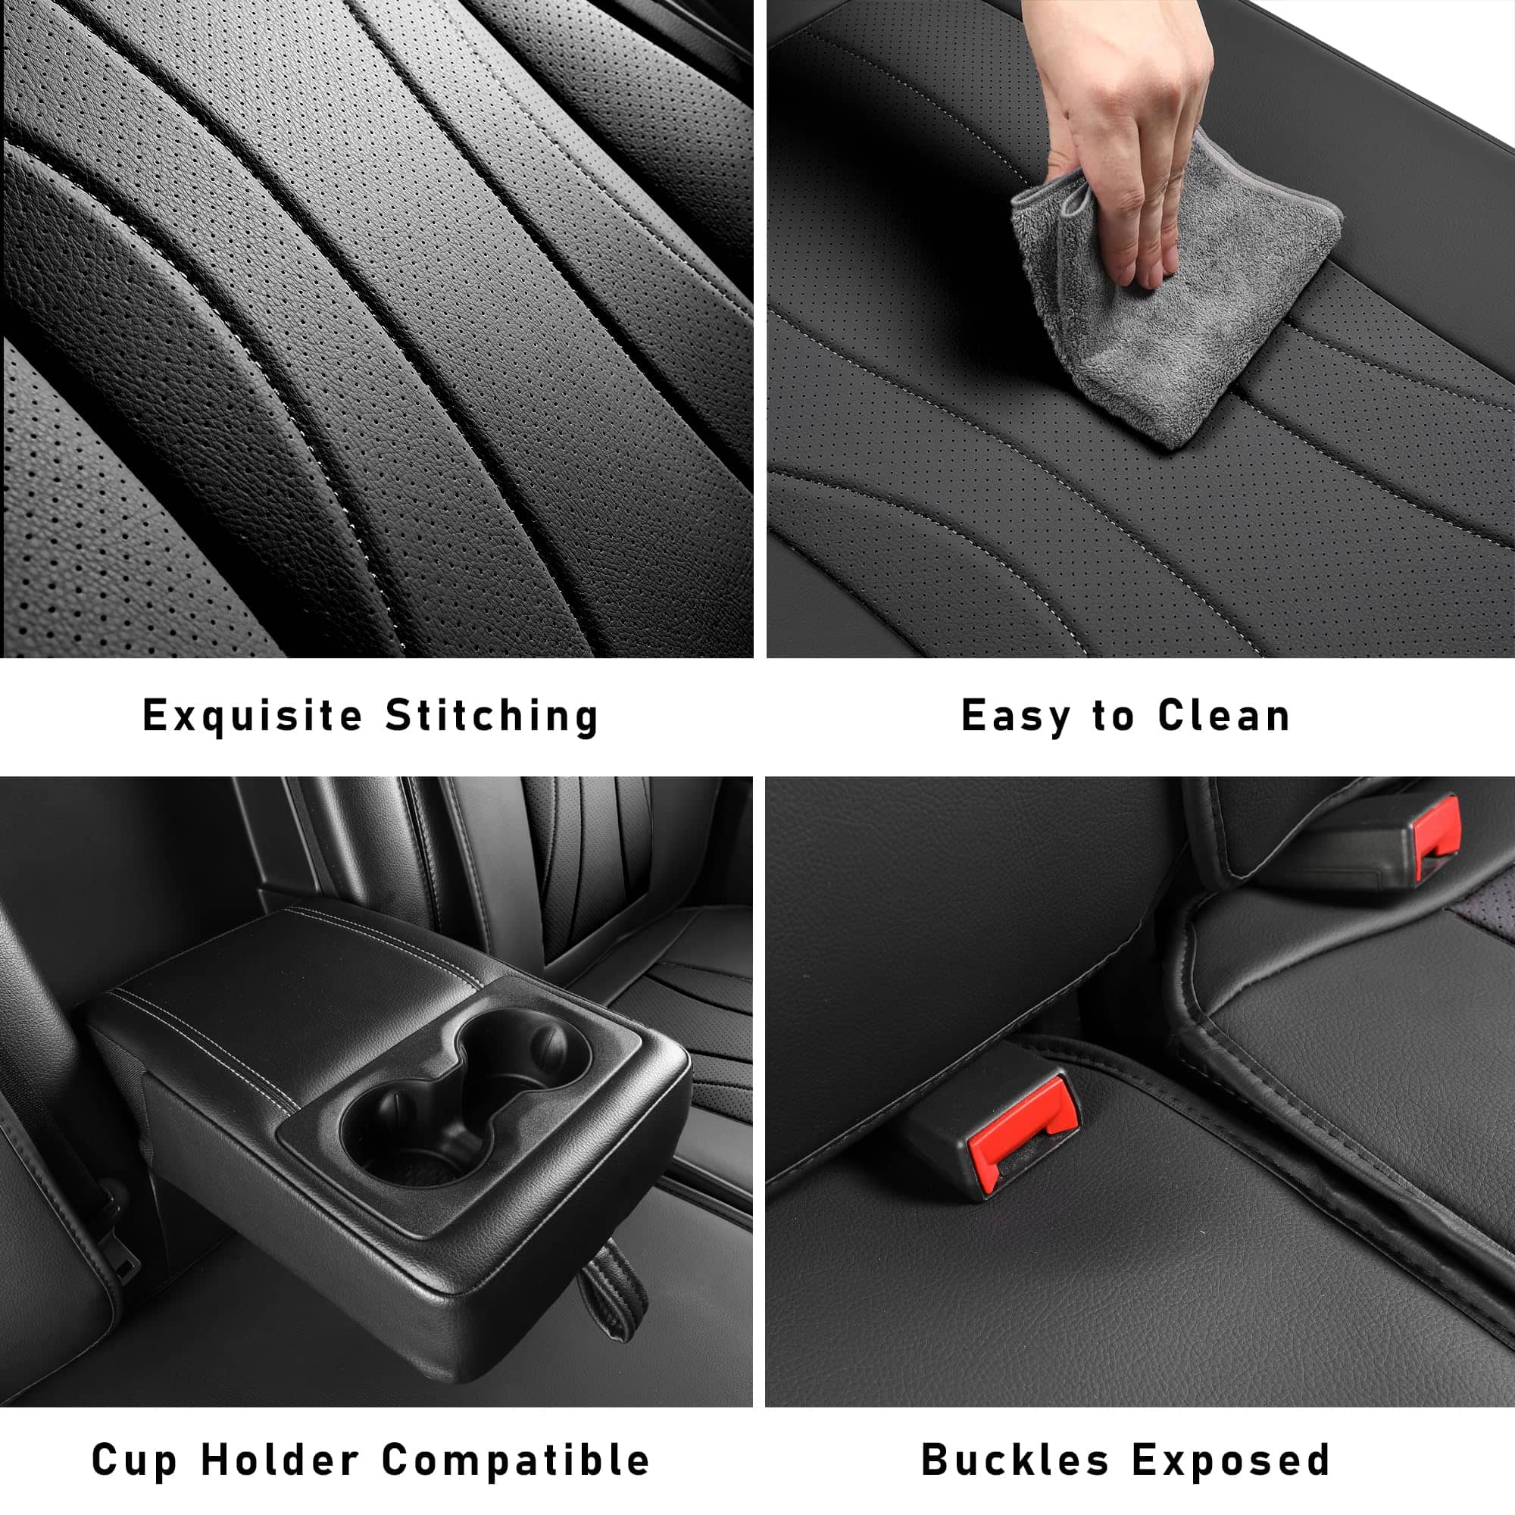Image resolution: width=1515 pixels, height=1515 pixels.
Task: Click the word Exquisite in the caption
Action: [252, 716]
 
